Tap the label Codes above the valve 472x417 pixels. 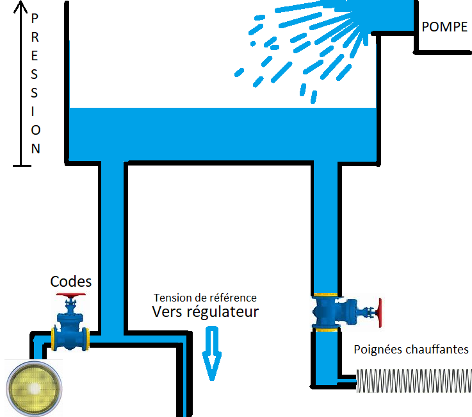click(71, 282)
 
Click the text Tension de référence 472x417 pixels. click(205, 298)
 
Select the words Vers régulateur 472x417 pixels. click(205, 312)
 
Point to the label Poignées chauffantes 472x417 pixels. click(411, 350)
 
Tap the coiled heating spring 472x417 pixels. click(413, 381)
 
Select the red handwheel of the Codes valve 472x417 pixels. click(70, 296)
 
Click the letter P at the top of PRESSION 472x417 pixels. click(36, 19)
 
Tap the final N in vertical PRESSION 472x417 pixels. click(36, 149)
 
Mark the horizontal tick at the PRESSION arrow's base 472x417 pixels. click(21, 166)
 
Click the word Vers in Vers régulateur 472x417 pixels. click(167, 312)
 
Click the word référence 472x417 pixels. click(234, 298)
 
